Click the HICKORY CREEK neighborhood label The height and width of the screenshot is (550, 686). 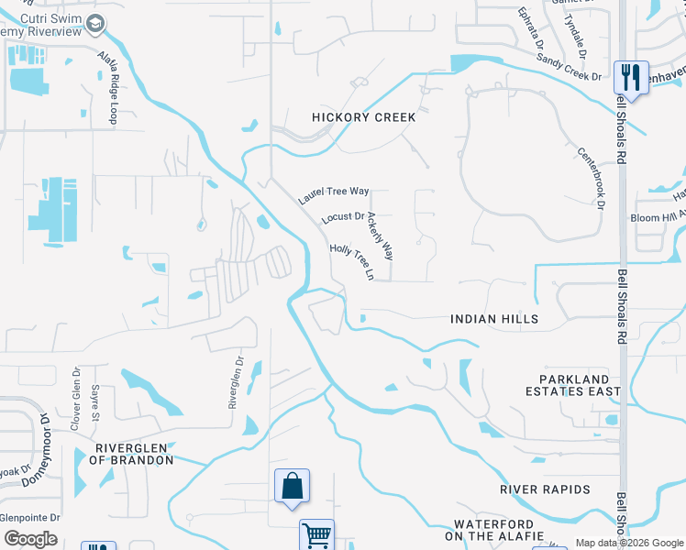tap(364, 117)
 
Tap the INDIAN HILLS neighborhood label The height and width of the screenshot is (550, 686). tap(494, 319)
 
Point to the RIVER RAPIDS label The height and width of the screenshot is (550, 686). tap(545, 489)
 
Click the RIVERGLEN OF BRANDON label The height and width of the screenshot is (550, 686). tap(133, 453)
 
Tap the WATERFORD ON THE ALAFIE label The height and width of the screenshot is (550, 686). tap(494, 529)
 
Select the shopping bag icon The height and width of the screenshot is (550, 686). tap(292, 485)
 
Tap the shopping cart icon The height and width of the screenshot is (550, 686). tap(316, 534)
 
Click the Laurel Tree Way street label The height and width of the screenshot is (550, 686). tap(334, 195)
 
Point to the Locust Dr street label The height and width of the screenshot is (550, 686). tap(344, 219)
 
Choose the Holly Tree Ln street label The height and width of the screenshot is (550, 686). tap(353, 261)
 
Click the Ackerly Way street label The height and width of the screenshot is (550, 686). tap(380, 235)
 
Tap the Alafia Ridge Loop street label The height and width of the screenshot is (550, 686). tap(109, 87)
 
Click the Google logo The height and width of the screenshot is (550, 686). tap(31, 539)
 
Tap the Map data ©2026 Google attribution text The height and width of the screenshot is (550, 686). tap(628, 543)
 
